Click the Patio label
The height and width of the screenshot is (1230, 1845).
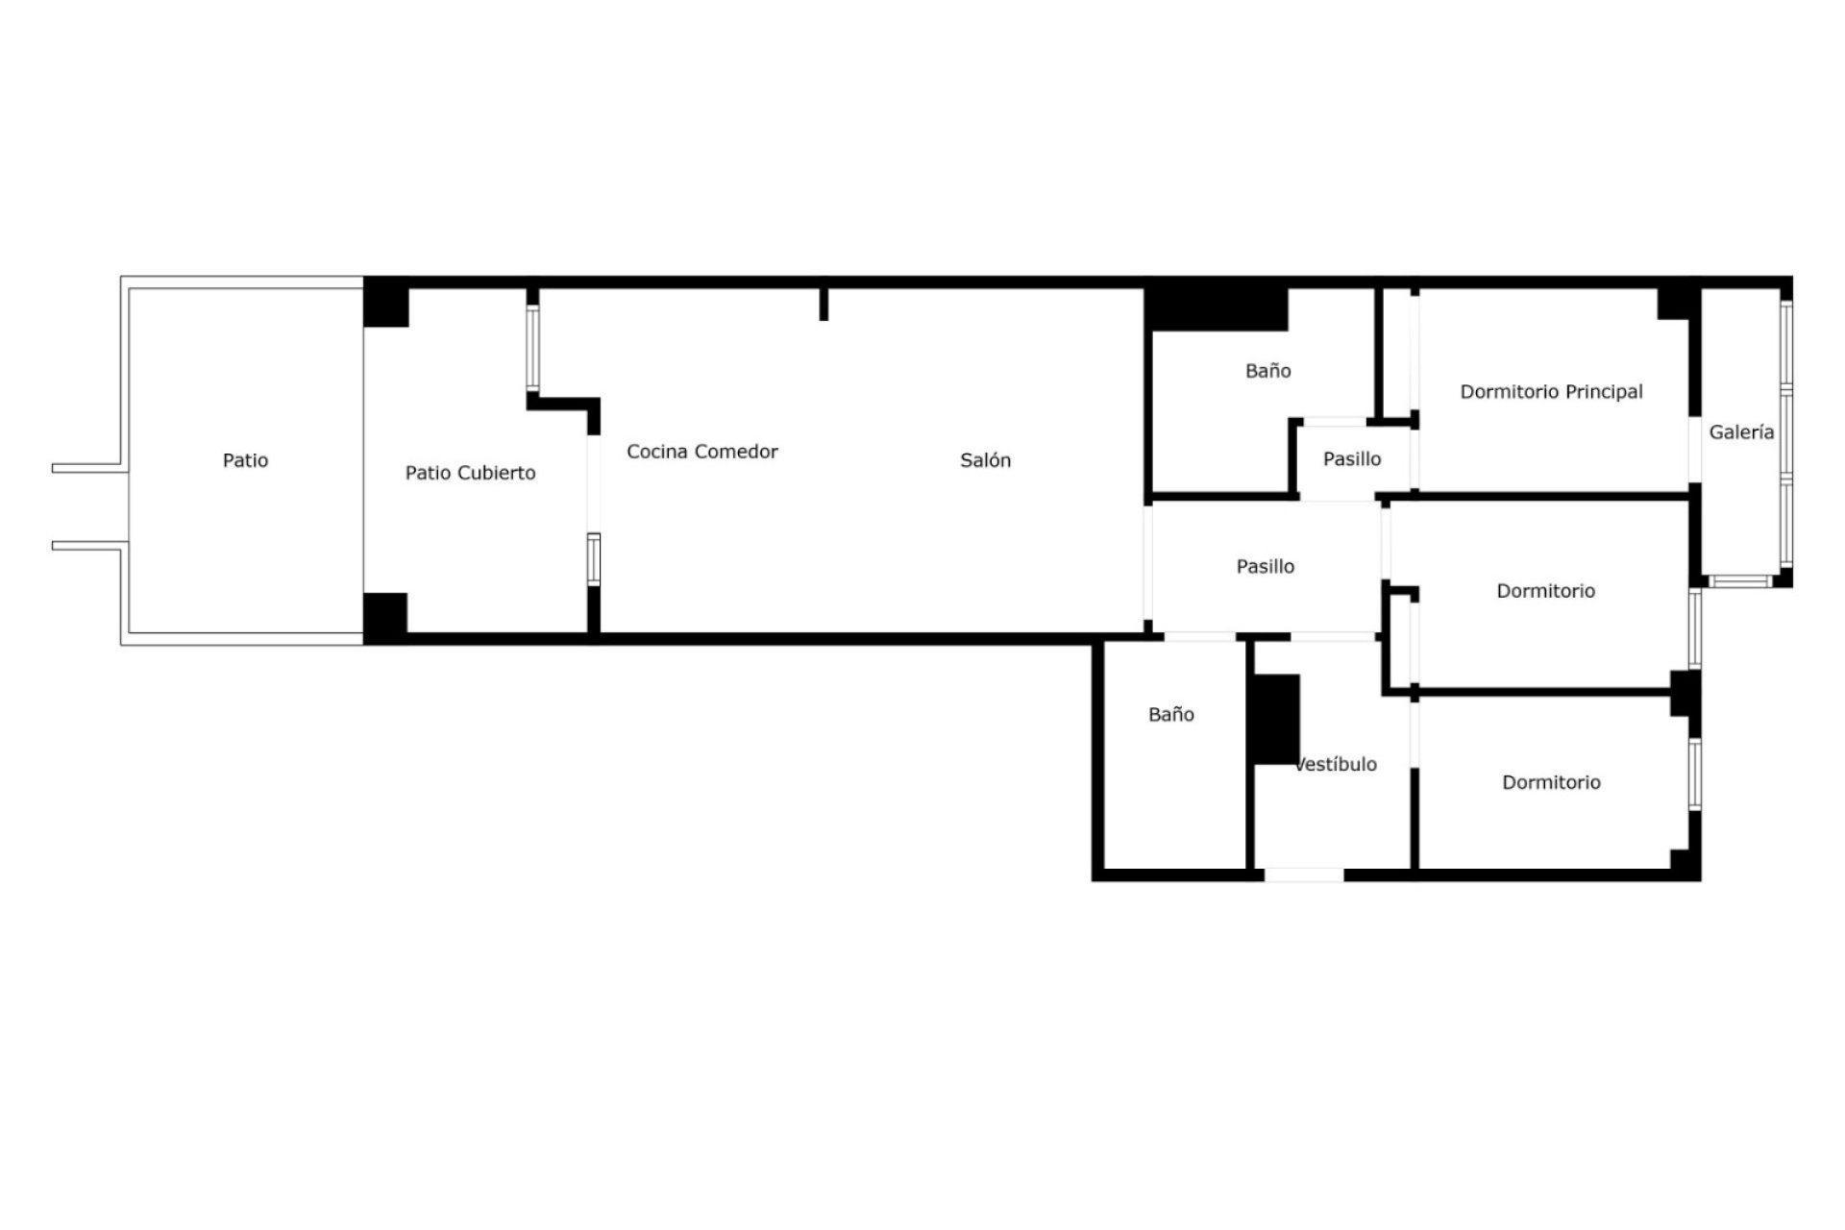click(245, 460)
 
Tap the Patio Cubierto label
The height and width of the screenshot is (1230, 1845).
click(470, 473)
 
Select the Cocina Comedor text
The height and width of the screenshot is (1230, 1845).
click(702, 452)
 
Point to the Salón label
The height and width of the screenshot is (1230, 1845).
click(985, 460)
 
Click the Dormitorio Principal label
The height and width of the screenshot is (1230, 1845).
click(1551, 392)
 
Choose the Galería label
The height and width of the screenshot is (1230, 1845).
click(1741, 432)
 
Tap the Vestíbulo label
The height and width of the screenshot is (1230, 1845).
click(1337, 764)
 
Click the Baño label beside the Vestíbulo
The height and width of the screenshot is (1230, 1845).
click(1171, 714)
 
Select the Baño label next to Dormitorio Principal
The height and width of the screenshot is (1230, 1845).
click(1267, 371)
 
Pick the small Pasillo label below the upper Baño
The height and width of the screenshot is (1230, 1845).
click(1352, 459)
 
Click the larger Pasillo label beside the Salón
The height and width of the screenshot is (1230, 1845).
click(1265, 567)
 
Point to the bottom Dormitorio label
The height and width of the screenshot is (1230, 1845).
click(1551, 782)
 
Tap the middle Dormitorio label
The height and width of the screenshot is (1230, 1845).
click(1545, 591)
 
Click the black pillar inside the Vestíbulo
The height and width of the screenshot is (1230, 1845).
click(1276, 720)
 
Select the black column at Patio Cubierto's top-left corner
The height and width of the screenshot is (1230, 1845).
click(386, 303)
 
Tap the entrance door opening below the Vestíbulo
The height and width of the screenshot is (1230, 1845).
click(1303, 874)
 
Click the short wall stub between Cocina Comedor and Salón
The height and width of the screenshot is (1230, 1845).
click(824, 305)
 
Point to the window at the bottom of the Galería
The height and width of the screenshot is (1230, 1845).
click(1740, 580)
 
